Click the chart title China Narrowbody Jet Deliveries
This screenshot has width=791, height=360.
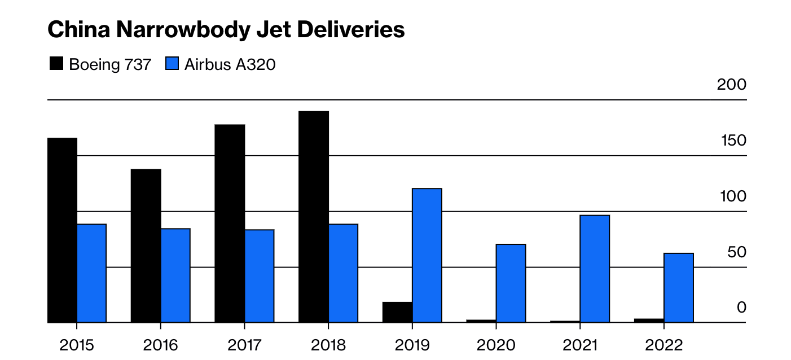(226, 30)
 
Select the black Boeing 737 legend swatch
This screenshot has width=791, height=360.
(57, 64)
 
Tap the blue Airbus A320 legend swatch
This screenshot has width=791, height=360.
(172, 64)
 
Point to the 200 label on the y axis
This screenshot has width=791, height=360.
(731, 85)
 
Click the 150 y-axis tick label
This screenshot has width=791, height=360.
(733, 141)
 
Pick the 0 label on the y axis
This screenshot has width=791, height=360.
(741, 308)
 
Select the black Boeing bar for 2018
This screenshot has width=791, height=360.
(314, 217)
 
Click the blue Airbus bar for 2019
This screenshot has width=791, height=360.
(427, 255)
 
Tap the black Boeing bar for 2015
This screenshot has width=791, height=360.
(62, 230)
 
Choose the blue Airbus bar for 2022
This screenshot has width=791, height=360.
(679, 288)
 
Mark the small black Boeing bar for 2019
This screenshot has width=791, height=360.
(397, 312)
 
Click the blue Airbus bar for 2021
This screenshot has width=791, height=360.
(595, 269)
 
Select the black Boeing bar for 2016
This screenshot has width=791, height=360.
(146, 246)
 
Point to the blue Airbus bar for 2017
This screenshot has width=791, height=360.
(260, 276)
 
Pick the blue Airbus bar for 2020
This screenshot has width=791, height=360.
(511, 283)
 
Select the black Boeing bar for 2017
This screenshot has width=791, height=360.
(230, 223)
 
